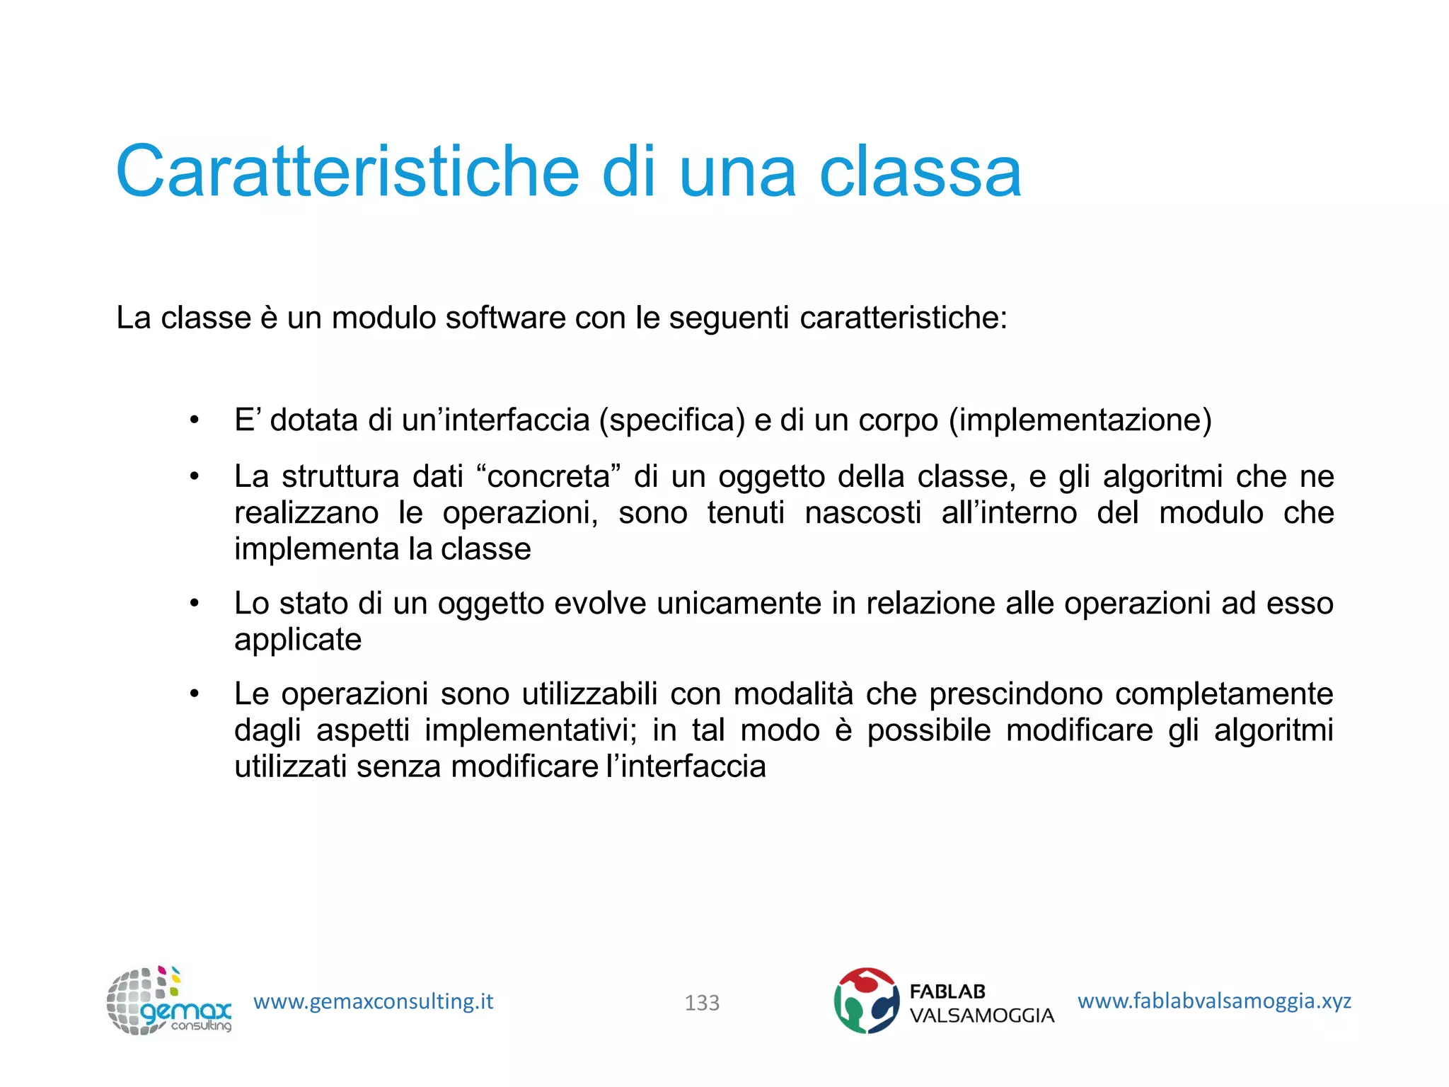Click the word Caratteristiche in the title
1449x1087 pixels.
(x=347, y=172)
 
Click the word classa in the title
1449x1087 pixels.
(x=920, y=172)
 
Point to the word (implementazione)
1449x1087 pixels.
(x=1080, y=420)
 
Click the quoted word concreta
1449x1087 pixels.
(x=548, y=476)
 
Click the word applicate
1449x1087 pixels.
(x=298, y=640)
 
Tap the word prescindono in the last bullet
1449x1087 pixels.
(x=1016, y=694)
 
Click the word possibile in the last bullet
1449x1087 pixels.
(x=929, y=730)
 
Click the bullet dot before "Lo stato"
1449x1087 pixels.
(x=195, y=604)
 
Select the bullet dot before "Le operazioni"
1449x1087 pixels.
(x=195, y=694)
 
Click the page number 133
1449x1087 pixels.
(x=702, y=1003)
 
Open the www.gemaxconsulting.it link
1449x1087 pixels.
(x=373, y=1001)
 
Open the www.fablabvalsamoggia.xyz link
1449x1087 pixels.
(x=1214, y=1001)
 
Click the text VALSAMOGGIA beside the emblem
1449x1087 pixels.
(x=981, y=1016)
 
